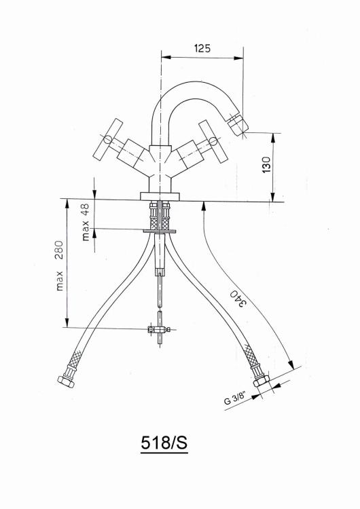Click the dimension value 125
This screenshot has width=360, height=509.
click(202, 48)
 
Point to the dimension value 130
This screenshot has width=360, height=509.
click(266, 165)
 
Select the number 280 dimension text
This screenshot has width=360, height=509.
click(59, 250)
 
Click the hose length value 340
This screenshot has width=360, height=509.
click(238, 298)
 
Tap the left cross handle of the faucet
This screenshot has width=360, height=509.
click(108, 140)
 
